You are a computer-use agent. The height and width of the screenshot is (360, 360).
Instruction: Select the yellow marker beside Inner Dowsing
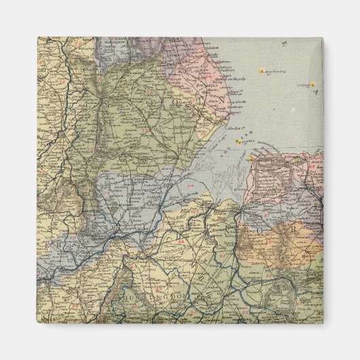tap(259, 71)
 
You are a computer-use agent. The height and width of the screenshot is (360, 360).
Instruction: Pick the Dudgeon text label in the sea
tap(302, 85)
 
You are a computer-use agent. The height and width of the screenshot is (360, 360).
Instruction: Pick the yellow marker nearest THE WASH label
tap(238, 142)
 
